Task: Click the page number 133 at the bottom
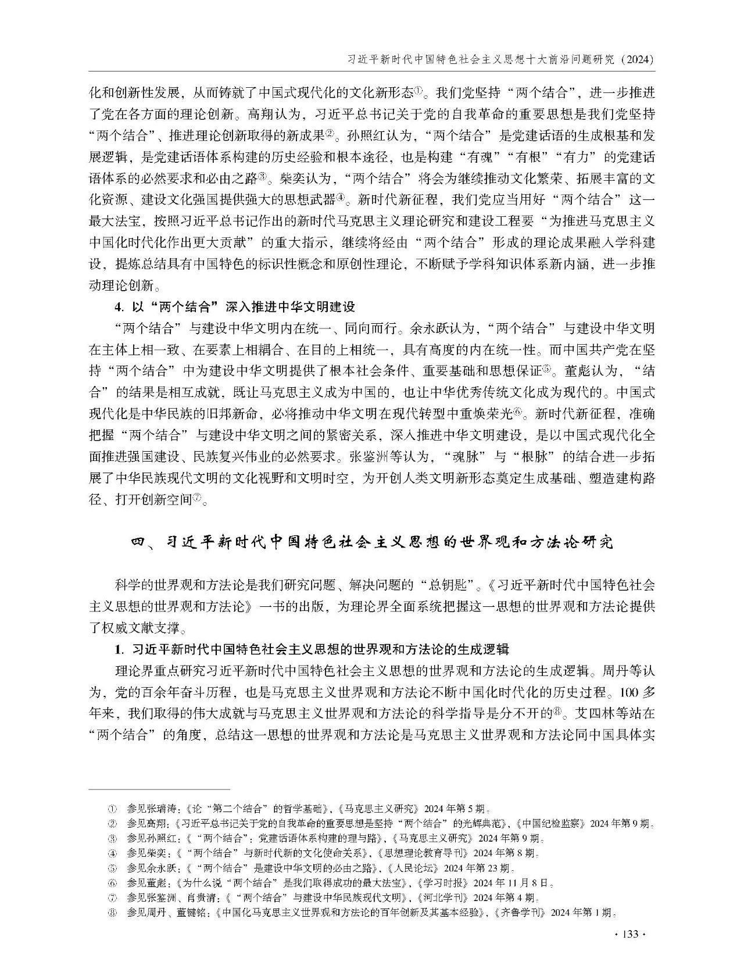631,934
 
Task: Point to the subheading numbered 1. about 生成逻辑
312,649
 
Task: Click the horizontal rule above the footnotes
160,789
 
